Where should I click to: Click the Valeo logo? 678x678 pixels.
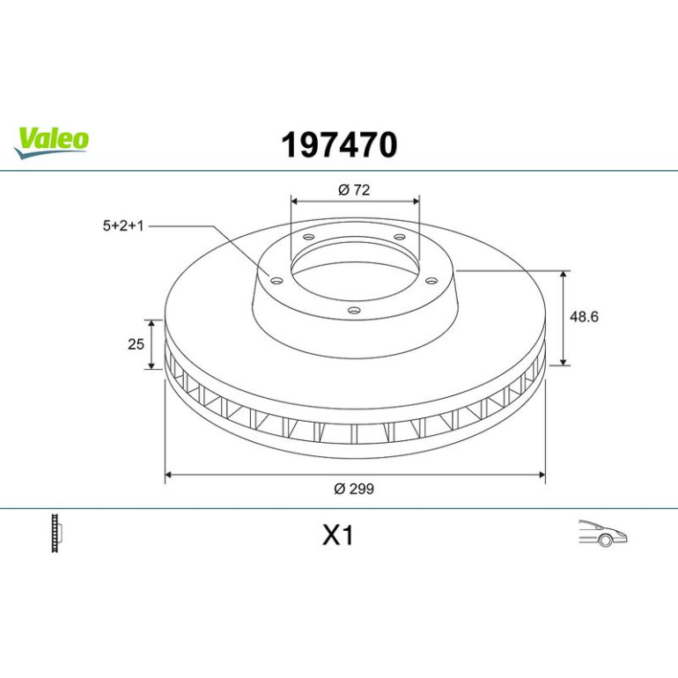point(51,143)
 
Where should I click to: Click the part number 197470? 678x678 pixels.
point(339,145)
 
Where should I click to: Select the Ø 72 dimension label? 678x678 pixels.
point(354,190)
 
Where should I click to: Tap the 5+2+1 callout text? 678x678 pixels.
point(122,225)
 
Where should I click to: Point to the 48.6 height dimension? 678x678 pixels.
point(584,316)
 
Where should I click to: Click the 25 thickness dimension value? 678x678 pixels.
point(136,344)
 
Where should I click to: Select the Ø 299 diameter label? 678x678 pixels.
point(354,489)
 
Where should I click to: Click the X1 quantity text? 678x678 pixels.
point(338,535)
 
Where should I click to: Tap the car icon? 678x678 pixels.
point(603,533)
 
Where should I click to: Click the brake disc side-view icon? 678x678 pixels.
point(56,533)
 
